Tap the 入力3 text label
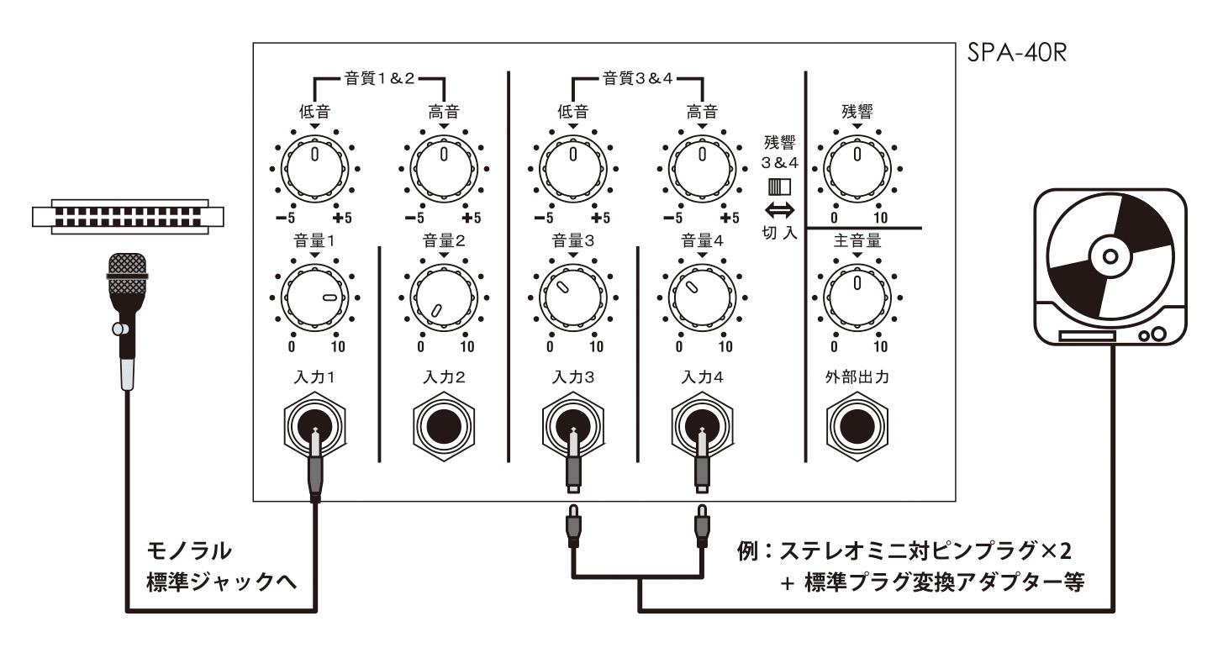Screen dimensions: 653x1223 [573, 377]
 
